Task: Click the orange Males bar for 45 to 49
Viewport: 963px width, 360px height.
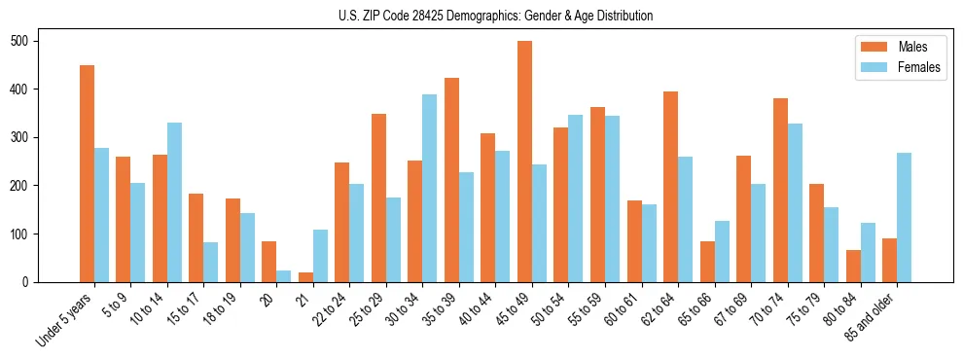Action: point(524,162)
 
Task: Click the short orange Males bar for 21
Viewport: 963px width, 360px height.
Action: point(305,277)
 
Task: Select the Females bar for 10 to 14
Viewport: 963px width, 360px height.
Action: point(174,202)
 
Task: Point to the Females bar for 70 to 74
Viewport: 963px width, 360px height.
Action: point(795,203)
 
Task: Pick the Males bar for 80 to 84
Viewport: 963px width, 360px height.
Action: point(853,266)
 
